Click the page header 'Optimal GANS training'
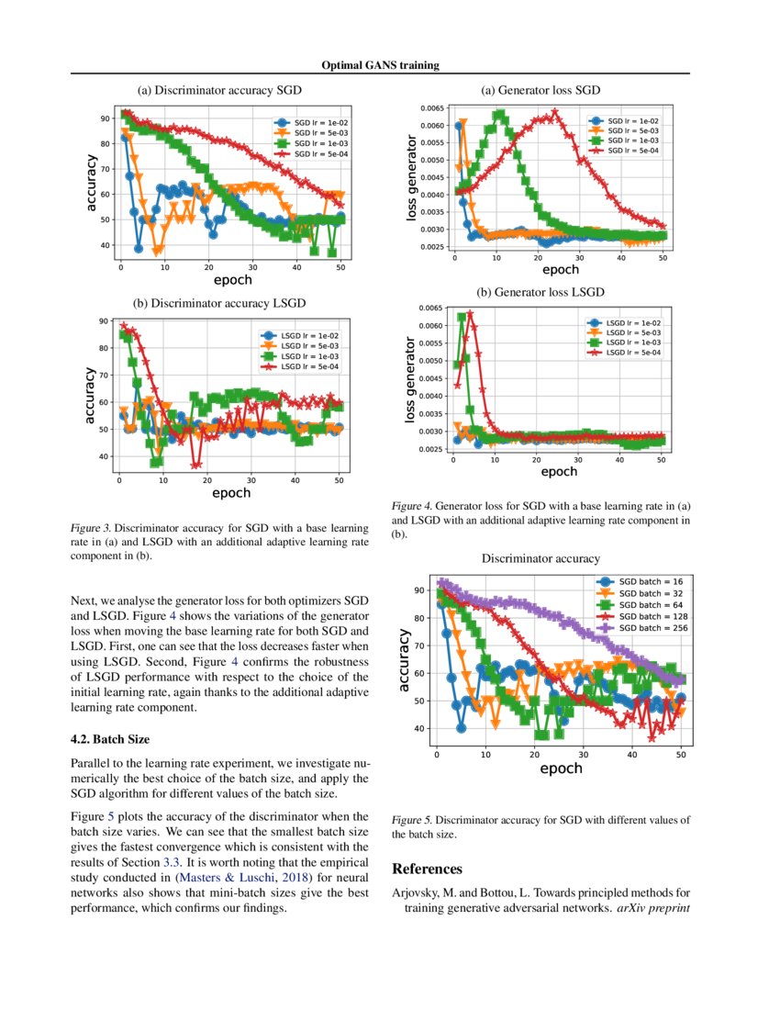point(380,65)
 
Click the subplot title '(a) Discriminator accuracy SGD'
point(219,90)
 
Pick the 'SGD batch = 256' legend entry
point(652,628)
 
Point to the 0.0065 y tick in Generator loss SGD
point(432,108)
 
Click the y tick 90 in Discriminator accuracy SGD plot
point(107,118)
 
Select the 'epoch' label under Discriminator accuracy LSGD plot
point(231,493)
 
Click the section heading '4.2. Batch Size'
point(110,738)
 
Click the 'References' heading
point(427,869)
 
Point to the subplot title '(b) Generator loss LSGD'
point(540,292)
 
